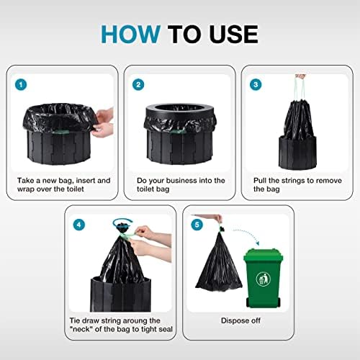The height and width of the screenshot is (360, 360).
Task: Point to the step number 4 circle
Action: point(78,224)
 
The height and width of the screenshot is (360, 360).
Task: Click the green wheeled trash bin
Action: point(263,274)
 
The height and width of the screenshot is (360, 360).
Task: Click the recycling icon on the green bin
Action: point(263,279)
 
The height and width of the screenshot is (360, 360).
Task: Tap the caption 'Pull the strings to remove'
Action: point(291,180)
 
